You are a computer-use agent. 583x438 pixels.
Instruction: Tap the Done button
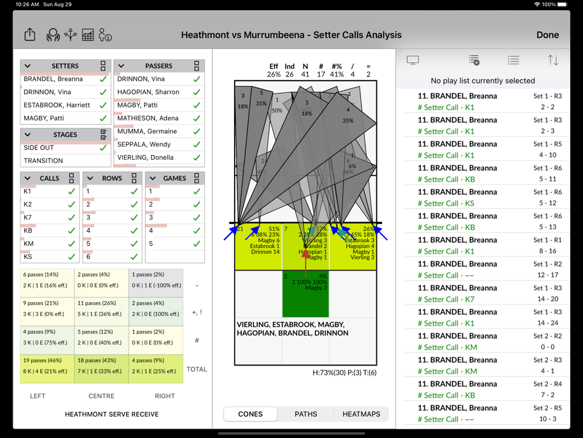tap(547, 35)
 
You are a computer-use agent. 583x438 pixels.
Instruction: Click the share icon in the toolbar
tap(30, 35)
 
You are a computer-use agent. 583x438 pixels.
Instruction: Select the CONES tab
tap(251, 414)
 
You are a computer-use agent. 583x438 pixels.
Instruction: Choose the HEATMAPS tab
tap(361, 414)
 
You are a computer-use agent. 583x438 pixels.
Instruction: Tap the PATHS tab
tap(306, 414)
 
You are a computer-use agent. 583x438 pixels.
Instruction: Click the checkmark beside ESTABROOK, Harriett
tap(103, 105)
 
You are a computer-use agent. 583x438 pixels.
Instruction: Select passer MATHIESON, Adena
tap(148, 118)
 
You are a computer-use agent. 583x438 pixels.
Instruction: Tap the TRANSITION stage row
tap(44, 161)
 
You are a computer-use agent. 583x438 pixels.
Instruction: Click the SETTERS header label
tap(65, 66)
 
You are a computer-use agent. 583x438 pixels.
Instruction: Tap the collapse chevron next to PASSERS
tap(121, 66)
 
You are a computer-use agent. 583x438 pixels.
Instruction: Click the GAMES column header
tap(174, 178)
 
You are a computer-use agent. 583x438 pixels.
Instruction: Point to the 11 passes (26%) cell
tap(101, 309)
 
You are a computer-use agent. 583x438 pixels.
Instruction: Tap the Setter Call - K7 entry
tap(446, 299)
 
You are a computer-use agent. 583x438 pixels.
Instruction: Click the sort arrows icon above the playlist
tap(553, 60)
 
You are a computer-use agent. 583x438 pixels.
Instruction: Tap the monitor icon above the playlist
tap(413, 60)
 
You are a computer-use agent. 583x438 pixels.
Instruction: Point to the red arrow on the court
tap(306, 263)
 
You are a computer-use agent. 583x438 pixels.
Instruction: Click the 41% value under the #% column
tap(336, 74)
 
